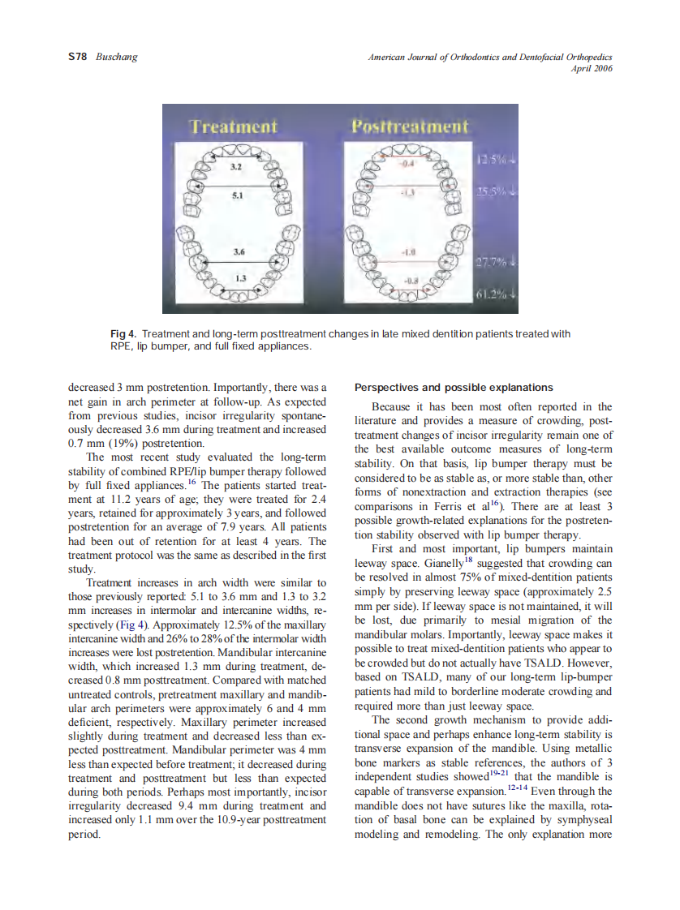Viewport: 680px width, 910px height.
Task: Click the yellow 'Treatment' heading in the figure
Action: (233, 127)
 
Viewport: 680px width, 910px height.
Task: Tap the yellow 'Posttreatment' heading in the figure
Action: (410, 127)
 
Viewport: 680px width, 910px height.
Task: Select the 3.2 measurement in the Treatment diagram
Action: (235, 167)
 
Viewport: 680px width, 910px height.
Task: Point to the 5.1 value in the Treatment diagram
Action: (236, 195)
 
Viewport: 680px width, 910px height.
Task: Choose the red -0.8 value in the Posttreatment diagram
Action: (410, 281)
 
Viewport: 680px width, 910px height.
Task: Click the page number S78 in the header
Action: (78, 57)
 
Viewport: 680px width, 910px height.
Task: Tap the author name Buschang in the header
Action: (117, 57)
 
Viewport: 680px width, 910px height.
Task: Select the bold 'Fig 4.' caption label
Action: (123, 334)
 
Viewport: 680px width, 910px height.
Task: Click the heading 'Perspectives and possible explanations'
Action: (454, 387)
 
